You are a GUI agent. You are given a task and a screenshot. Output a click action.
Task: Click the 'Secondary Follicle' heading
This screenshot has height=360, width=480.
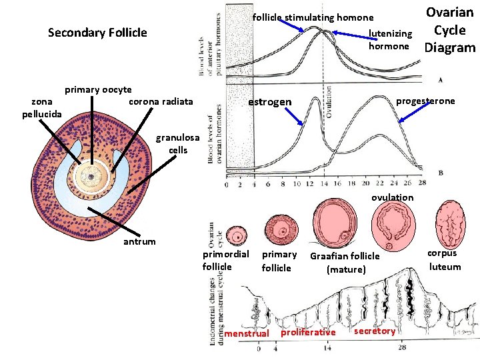pyautogui.click(x=97, y=33)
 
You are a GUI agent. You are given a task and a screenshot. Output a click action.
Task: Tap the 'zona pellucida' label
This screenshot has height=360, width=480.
pyautogui.click(x=42, y=107)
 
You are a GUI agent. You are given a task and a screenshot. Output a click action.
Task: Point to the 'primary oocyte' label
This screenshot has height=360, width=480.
pyautogui.click(x=98, y=89)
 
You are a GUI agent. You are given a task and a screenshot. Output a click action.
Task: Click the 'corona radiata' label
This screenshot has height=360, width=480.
pyautogui.click(x=161, y=101)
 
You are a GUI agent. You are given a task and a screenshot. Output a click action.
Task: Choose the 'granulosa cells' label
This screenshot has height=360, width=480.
pyautogui.click(x=177, y=144)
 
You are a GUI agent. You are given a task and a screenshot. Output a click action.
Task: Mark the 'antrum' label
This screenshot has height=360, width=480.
pyautogui.click(x=139, y=241)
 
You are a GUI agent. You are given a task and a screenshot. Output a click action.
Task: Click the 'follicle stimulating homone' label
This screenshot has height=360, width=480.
pyautogui.click(x=313, y=17)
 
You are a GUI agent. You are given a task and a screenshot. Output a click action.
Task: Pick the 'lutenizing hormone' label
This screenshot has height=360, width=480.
pyautogui.click(x=390, y=40)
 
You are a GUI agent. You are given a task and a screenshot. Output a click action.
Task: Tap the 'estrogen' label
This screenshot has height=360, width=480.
pyautogui.click(x=270, y=102)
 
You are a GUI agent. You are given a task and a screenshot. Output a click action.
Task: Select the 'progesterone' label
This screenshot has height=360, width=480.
pyautogui.click(x=425, y=101)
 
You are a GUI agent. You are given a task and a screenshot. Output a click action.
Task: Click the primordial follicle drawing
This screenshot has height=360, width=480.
pyautogui.click(x=236, y=235)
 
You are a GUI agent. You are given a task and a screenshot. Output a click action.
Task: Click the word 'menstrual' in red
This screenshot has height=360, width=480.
pyautogui.click(x=247, y=333)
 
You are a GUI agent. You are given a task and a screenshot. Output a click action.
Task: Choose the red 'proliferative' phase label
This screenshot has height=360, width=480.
pyautogui.click(x=309, y=332)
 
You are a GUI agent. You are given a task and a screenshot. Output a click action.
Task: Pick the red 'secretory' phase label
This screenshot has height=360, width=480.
pyautogui.click(x=375, y=331)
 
